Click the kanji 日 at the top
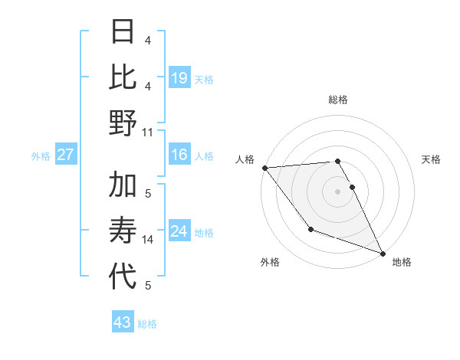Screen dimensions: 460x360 (x=123, y=31)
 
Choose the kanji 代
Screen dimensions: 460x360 (x=123, y=277)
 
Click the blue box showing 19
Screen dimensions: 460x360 (x=179, y=77)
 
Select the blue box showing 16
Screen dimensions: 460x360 (x=179, y=155)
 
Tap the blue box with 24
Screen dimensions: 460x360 (x=179, y=232)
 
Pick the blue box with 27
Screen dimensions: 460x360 (x=66, y=155)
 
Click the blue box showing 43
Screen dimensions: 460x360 (x=123, y=322)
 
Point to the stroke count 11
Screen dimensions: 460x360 (x=148, y=132)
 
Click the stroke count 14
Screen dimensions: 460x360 (x=148, y=240)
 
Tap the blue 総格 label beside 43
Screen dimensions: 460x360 (x=147, y=324)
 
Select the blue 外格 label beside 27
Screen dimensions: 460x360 (x=41, y=156)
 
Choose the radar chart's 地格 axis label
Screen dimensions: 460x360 (x=402, y=262)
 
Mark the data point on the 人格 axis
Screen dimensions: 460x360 (x=264, y=168)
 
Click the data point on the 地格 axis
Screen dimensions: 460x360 (x=383, y=254)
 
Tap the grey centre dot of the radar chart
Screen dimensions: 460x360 (x=337, y=191)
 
